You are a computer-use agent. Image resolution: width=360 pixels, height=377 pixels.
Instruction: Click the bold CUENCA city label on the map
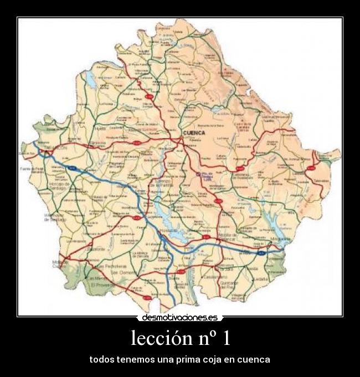pos(194,133)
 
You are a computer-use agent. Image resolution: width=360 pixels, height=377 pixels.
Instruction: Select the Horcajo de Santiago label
pos(57,185)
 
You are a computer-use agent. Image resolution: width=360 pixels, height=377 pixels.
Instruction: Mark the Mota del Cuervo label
pos(60,263)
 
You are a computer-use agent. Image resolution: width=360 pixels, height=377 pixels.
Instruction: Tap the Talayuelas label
pos(320,180)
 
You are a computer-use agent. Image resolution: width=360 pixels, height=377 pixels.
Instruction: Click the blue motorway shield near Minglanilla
pos(264,252)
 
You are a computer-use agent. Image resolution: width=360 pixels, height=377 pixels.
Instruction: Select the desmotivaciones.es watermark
pos(180,318)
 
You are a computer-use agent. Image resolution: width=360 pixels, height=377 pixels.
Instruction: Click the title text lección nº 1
pos(180,338)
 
